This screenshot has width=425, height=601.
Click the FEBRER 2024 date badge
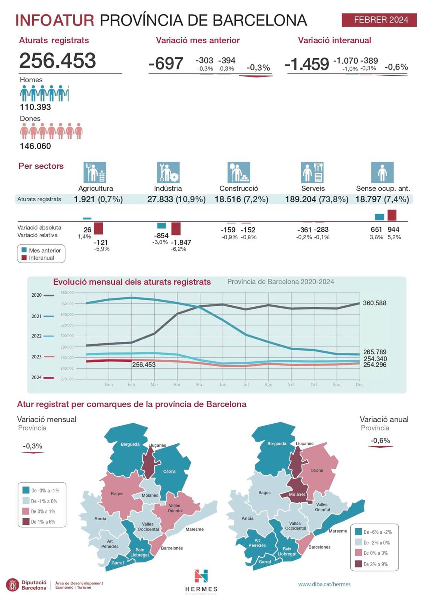click(379, 20)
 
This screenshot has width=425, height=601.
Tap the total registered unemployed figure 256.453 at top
click(58, 61)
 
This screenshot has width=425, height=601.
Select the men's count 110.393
click(35, 107)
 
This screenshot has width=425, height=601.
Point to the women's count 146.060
click(35, 146)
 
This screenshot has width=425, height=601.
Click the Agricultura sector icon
click(95, 173)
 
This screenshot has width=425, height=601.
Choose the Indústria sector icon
click(168, 173)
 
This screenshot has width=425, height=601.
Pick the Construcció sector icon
click(239, 173)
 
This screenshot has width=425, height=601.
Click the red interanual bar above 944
click(392, 215)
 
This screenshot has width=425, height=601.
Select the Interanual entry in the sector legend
click(41, 258)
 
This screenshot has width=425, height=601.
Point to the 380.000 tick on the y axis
click(67, 293)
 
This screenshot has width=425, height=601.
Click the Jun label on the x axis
click(223, 384)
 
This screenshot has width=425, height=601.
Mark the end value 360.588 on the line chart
click(375, 303)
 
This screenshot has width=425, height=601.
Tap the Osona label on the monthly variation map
click(169, 471)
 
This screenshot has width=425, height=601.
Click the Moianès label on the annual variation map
click(297, 494)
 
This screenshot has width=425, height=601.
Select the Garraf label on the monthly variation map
click(118, 563)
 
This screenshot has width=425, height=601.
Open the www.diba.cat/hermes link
click(324, 584)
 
